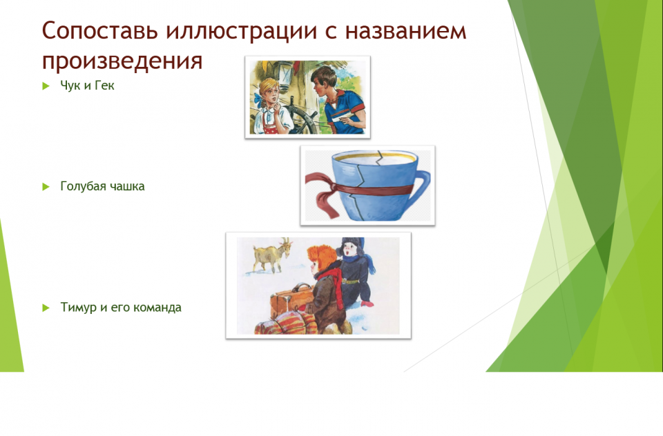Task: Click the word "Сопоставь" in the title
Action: click(99, 30)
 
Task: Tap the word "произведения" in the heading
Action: click(122, 61)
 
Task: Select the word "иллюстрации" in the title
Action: click(242, 32)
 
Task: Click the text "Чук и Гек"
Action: click(87, 86)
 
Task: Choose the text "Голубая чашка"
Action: click(102, 186)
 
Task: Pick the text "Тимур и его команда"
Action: click(120, 307)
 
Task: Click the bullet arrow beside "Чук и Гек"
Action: click(46, 86)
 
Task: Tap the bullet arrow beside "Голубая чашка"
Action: click(46, 187)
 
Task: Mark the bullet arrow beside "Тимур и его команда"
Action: click(46, 308)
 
